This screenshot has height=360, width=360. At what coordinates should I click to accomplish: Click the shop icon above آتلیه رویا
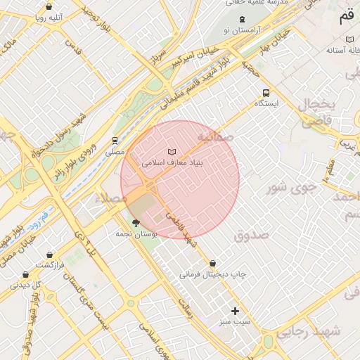[x=49, y=7]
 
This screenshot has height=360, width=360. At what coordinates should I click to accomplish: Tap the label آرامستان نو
[x=242, y=31]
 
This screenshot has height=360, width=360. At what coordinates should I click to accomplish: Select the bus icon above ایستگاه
[x=266, y=93]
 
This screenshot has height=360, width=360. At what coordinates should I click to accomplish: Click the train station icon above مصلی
[x=115, y=141]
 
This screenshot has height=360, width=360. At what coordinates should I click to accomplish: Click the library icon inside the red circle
[x=172, y=152]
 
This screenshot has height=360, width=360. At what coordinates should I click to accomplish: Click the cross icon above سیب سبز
[x=235, y=311]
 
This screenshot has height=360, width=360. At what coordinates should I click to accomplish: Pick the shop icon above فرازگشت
[x=49, y=255]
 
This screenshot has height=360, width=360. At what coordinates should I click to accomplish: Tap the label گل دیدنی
[x=26, y=285]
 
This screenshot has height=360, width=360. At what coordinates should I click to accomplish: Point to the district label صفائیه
[x=214, y=136]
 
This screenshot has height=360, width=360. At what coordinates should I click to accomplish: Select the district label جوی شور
[x=288, y=188]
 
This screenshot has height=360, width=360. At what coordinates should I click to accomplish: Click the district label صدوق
[x=252, y=236]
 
